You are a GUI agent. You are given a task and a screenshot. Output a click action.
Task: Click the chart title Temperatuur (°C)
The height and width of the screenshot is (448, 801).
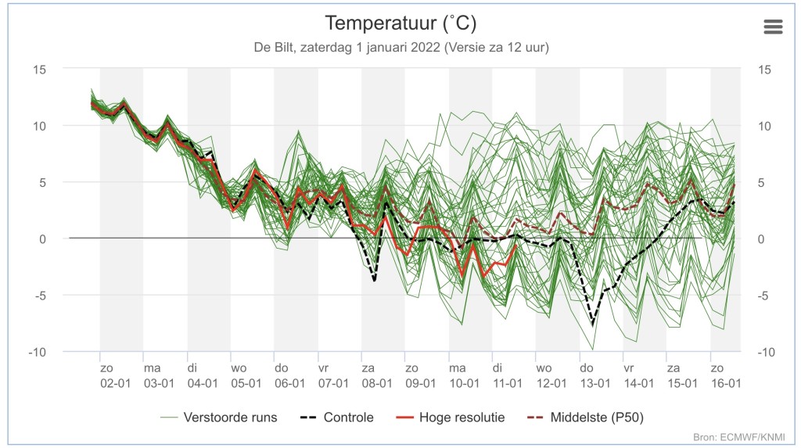coord(400,23)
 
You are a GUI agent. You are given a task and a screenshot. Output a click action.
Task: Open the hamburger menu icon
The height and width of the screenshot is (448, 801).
coord(773,27)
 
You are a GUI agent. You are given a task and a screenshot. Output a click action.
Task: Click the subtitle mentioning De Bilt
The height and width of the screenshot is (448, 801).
coord(401,48)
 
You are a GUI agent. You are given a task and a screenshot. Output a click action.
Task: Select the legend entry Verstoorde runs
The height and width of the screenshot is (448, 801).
coord(219,418)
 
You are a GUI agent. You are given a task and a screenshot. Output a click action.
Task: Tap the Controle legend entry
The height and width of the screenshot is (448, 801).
coord(336,418)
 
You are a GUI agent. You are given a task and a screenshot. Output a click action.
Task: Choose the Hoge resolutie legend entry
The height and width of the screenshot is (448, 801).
coord(451,418)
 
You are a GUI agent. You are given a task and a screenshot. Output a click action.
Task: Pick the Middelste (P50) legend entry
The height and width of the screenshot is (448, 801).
coord(585,418)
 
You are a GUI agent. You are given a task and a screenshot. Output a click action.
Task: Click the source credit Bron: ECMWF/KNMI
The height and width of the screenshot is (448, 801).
coord(738,437)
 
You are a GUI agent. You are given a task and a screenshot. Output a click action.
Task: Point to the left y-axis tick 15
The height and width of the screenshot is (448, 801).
coord(39,70)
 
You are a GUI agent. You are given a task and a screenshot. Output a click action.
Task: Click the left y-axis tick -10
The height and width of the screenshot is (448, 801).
coord(37,352)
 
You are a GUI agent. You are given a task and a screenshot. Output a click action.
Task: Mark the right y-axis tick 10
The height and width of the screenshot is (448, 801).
coord(764,126)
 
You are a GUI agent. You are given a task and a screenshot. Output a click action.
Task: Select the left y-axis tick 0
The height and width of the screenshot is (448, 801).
coord(42,239)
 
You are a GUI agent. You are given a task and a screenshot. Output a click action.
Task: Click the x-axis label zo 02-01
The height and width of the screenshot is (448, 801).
coord(116,375)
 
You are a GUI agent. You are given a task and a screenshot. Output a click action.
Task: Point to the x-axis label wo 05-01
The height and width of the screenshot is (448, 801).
coord(246,375)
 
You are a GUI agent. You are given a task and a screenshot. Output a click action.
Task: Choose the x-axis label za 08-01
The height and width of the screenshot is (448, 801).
coord(377,375)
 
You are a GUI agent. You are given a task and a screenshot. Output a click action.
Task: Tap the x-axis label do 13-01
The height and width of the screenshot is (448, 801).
coord(595,375)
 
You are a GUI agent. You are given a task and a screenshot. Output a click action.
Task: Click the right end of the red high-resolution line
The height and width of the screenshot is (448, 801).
coord(516,246)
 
